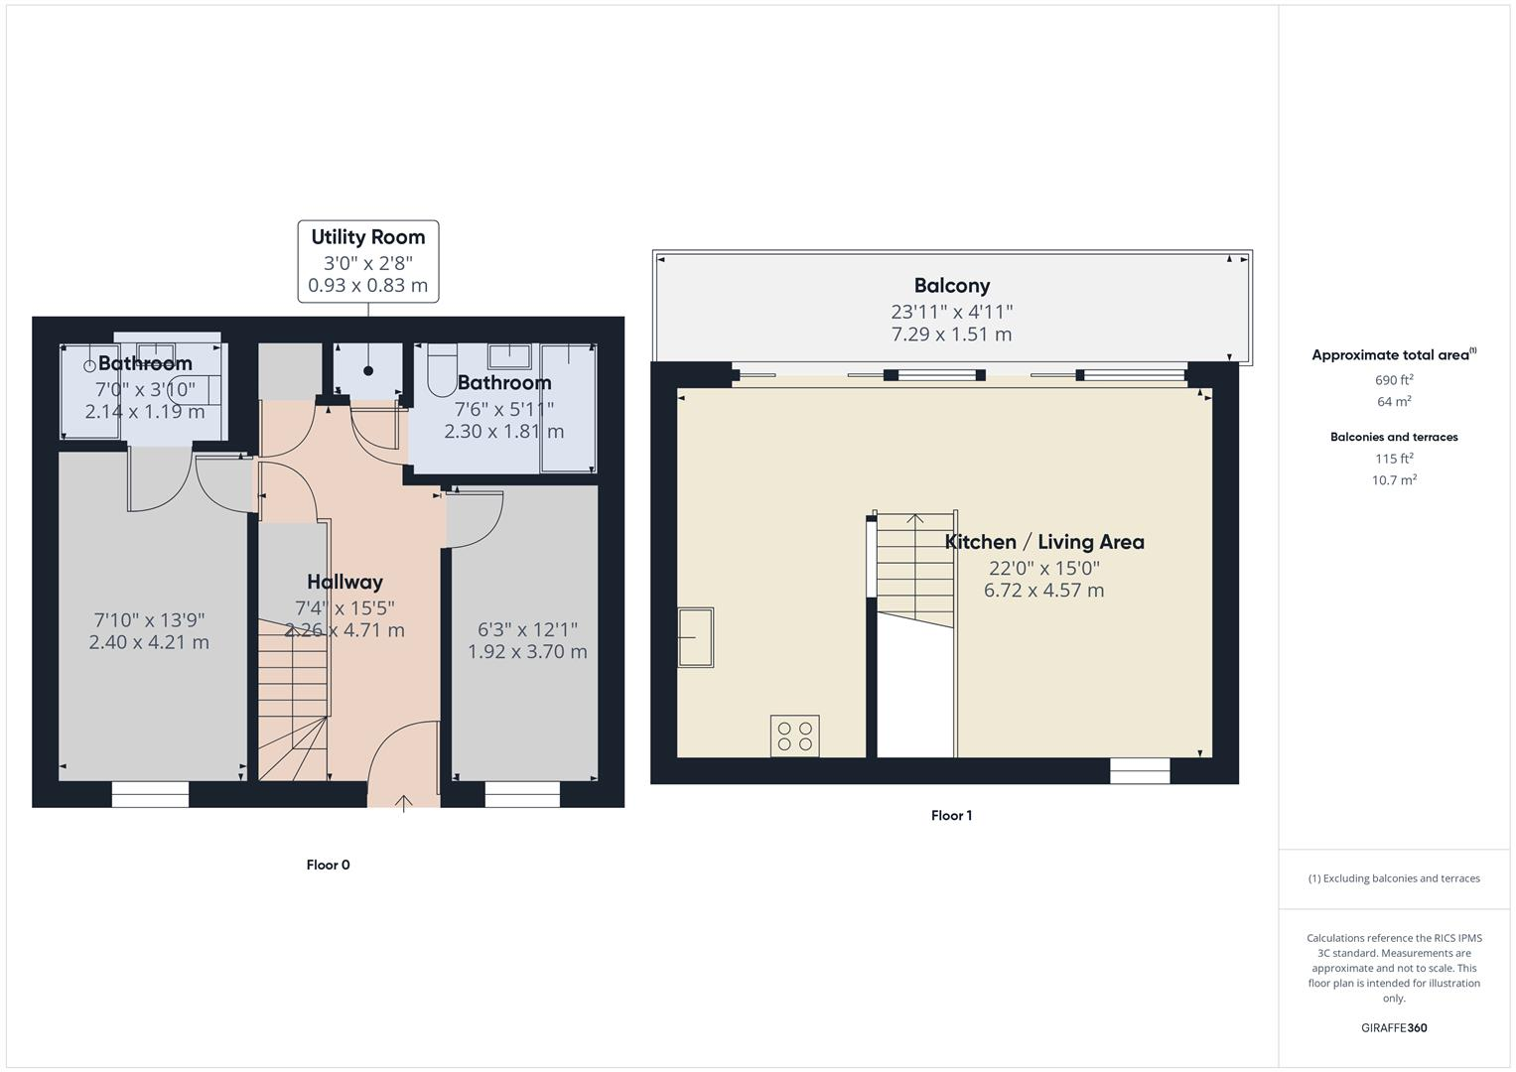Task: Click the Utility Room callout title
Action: click(367, 237)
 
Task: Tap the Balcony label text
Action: click(951, 286)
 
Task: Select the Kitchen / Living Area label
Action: click(1043, 542)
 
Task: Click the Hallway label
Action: click(345, 582)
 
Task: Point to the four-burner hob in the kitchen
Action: click(794, 736)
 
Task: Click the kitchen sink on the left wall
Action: click(695, 636)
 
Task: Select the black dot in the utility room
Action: click(368, 371)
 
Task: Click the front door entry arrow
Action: click(404, 802)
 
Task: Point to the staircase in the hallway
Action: click(293, 695)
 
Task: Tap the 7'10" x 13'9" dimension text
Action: click(149, 619)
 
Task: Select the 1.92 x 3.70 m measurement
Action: click(527, 652)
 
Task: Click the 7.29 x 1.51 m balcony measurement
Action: click(951, 335)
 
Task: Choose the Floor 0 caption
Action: click(328, 865)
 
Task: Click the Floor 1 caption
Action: click(951, 816)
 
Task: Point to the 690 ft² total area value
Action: click(1394, 380)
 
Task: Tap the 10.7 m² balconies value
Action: click(1394, 480)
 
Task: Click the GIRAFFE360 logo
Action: click(1394, 1027)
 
